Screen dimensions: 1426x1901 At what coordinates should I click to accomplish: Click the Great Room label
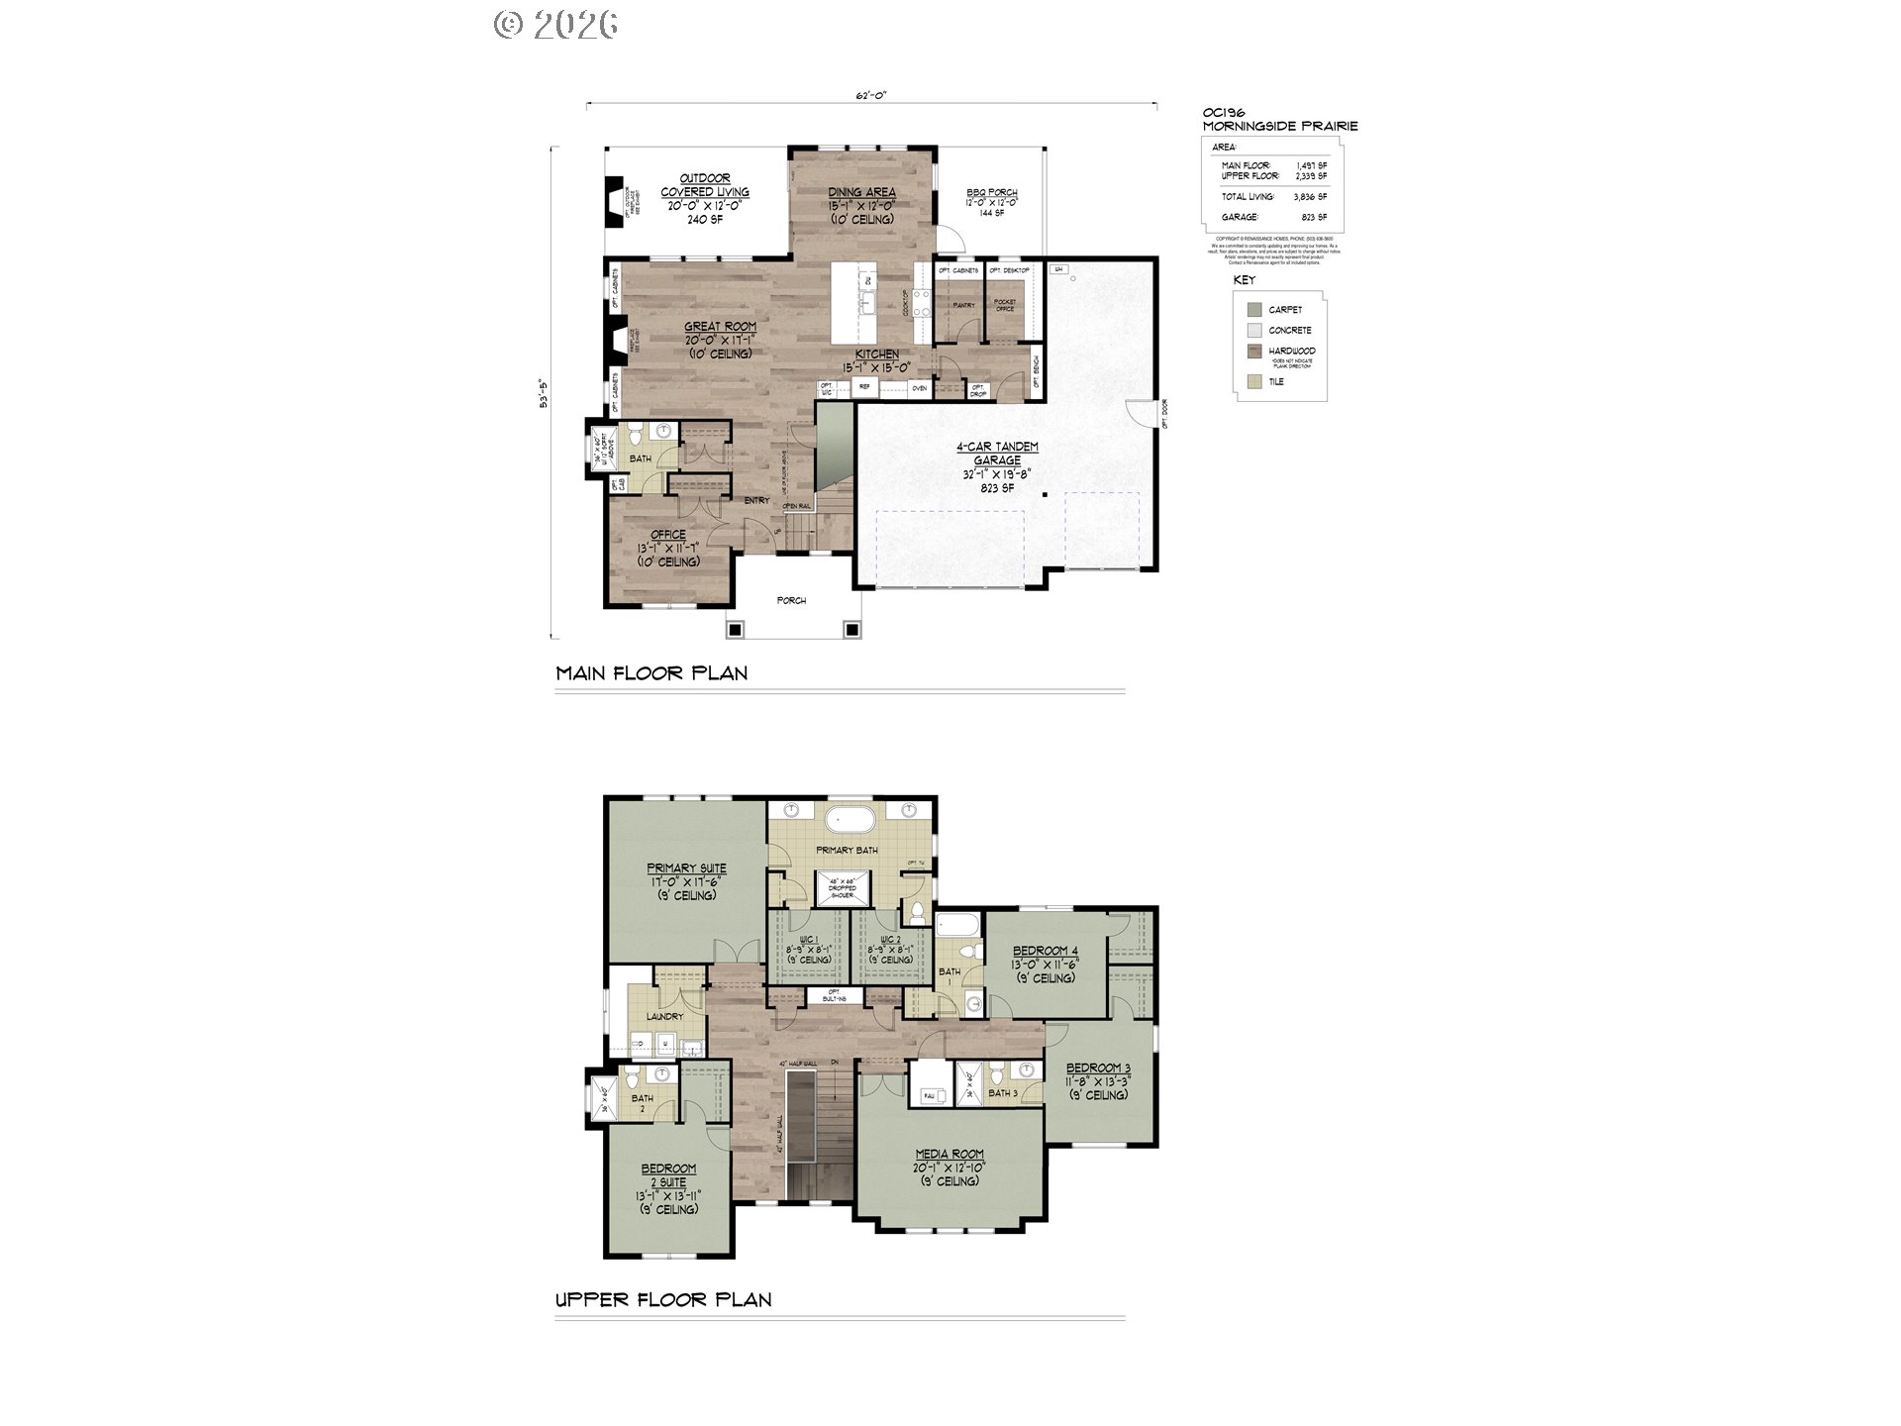[x=720, y=327]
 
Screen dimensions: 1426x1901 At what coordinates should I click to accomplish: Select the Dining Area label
[x=861, y=193]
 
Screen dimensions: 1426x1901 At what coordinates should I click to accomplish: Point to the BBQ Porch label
[x=991, y=194]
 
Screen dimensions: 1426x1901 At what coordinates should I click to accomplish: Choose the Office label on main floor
[x=668, y=535]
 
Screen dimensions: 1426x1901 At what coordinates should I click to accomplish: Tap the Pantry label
[x=963, y=306]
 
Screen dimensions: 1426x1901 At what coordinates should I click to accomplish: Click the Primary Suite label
[x=686, y=868]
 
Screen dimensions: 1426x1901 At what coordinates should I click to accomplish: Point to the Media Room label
[x=949, y=1155]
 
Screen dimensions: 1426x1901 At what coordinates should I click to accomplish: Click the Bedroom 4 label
[x=1045, y=951]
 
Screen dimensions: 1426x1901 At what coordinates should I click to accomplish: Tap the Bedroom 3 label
[x=1098, y=1069]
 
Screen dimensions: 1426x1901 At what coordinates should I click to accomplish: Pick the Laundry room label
[x=664, y=1017]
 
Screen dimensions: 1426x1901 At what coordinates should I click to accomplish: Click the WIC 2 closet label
[x=890, y=940]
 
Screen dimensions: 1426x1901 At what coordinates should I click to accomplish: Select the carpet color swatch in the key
[x=1254, y=310]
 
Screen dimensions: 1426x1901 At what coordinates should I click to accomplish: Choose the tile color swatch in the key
[x=1254, y=382]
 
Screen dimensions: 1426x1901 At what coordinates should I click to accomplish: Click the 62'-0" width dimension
[x=870, y=96]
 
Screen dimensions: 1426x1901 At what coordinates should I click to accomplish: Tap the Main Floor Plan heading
[x=651, y=673]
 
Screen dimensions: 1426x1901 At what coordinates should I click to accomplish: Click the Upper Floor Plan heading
[x=663, y=1300]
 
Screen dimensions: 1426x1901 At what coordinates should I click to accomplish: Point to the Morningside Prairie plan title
[x=1279, y=127]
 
